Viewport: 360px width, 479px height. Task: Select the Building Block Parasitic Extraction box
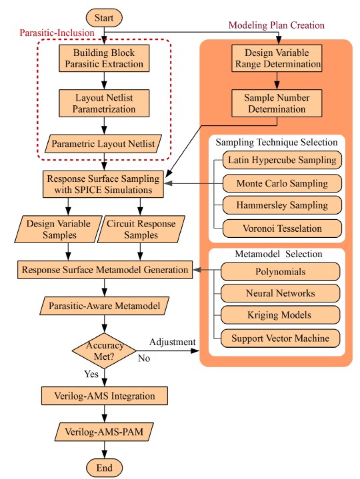point(103,59)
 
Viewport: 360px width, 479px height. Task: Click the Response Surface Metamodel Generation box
point(103,270)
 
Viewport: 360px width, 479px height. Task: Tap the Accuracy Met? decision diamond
point(103,349)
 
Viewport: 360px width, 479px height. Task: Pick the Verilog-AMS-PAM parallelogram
point(103,432)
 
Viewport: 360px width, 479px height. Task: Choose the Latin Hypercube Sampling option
point(281,161)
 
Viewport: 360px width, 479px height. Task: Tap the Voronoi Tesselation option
point(281,228)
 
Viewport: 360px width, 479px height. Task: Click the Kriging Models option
point(281,315)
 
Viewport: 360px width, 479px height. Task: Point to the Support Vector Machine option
point(281,338)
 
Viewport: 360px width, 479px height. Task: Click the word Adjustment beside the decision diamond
point(172,342)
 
